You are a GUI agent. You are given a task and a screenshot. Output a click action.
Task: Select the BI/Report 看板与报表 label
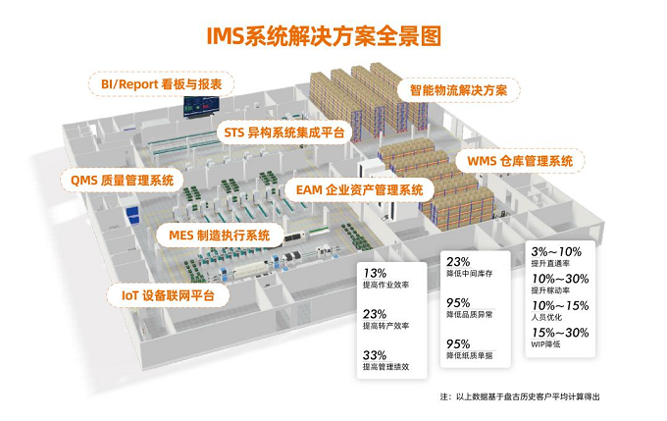[x=161, y=84]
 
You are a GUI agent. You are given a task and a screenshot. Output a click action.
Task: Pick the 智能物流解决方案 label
[x=458, y=90]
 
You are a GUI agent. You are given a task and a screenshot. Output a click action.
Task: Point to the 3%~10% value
[x=558, y=252]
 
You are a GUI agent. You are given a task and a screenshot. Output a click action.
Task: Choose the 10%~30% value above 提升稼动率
[x=560, y=279]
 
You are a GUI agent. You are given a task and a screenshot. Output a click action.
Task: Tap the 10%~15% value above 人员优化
[x=560, y=305]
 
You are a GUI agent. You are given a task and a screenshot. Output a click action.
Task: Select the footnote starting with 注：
[x=519, y=395]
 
